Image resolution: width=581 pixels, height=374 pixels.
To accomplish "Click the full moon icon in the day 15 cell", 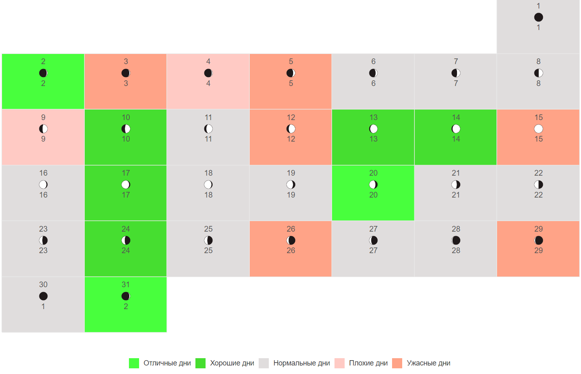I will click(538, 129).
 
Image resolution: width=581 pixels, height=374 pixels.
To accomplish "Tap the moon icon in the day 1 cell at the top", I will click(538, 17).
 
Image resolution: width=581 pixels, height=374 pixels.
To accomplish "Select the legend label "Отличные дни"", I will click(167, 363).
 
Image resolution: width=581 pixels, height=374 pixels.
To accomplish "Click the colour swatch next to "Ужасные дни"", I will click(397, 363).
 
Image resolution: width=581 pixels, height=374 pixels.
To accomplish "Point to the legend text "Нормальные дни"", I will click(302, 363).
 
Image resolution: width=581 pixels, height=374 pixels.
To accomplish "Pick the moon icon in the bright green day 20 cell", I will click(373, 185).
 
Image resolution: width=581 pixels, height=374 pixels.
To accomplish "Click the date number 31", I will click(126, 285).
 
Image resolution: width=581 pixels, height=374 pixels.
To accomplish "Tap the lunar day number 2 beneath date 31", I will click(126, 306).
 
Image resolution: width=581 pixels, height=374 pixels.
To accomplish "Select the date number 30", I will click(43, 285).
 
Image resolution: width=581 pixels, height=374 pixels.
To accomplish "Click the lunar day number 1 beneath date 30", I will click(43, 306).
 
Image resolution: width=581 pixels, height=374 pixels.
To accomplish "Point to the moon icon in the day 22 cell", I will click(538, 185).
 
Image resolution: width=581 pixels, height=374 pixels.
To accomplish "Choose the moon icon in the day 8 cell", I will click(538, 73).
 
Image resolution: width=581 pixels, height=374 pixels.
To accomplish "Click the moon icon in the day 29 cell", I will click(538, 240).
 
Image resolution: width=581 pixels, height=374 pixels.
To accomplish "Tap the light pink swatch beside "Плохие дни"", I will click(339, 363).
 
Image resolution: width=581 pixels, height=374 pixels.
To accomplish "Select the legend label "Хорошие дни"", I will click(232, 363).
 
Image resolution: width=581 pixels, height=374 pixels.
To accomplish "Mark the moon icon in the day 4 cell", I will click(208, 73).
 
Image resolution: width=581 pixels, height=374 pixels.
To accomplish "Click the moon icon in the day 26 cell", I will click(291, 240).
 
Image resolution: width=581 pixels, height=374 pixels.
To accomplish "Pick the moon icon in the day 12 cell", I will click(291, 129).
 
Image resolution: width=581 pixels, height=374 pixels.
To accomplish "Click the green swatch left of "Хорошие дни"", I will click(200, 363).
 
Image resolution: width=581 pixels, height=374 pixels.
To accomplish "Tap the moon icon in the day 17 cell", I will click(126, 185).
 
